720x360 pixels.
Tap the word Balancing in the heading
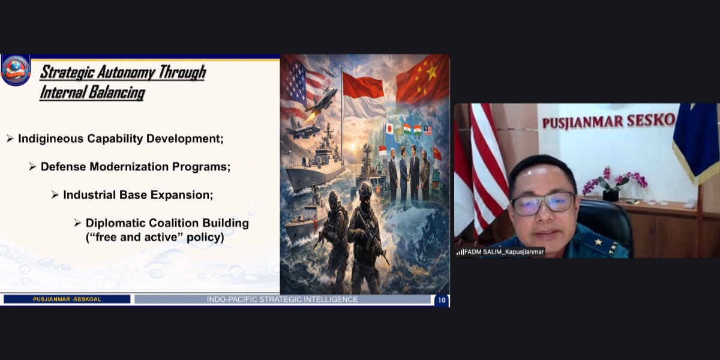click(117, 92)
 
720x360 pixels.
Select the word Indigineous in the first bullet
click(51, 139)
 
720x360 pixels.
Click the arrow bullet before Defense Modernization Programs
click(32, 167)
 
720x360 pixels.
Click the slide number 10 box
click(442, 300)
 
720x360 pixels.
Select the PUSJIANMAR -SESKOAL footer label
click(67, 299)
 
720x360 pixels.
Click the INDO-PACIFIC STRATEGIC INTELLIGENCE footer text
click(282, 299)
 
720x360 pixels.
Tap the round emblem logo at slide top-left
click(16, 70)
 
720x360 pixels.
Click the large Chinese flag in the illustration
click(422, 80)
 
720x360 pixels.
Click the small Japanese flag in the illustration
click(389, 129)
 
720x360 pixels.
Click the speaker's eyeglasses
click(542, 203)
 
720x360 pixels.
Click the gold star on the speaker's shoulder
click(598, 242)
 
